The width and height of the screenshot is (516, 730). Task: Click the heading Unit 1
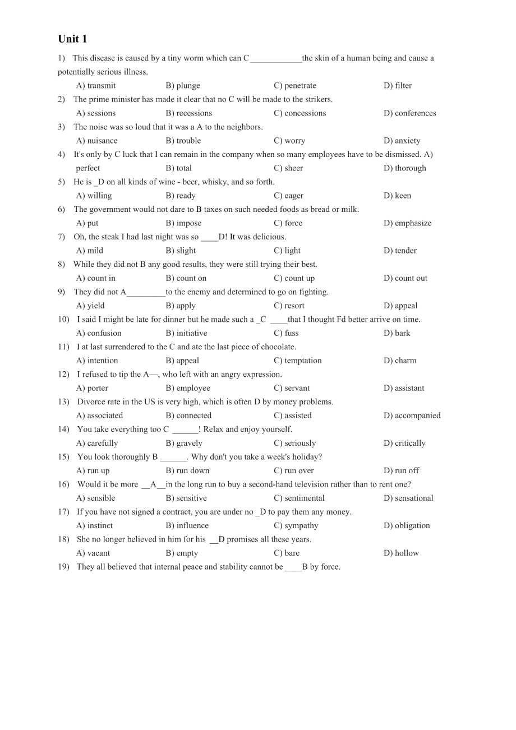(72, 39)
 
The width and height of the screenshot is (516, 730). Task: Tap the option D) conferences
(409, 113)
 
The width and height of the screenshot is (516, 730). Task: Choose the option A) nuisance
(96, 141)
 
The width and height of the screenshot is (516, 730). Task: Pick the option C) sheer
(288, 168)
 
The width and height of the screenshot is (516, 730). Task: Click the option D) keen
(397, 196)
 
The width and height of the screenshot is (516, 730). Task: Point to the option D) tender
(400, 251)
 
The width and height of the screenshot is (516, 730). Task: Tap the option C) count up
(294, 278)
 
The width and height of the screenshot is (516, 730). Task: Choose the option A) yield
(90, 306)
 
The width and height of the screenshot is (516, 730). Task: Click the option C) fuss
(286, 333)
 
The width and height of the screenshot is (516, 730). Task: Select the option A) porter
(92, 388)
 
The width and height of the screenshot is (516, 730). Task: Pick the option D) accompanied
(412, 415)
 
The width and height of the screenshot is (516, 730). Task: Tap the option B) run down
(187, 470)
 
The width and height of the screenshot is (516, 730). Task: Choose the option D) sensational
(408, 498)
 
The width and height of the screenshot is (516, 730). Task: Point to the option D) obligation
(407, 525)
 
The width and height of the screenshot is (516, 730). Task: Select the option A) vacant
(93, 553)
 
